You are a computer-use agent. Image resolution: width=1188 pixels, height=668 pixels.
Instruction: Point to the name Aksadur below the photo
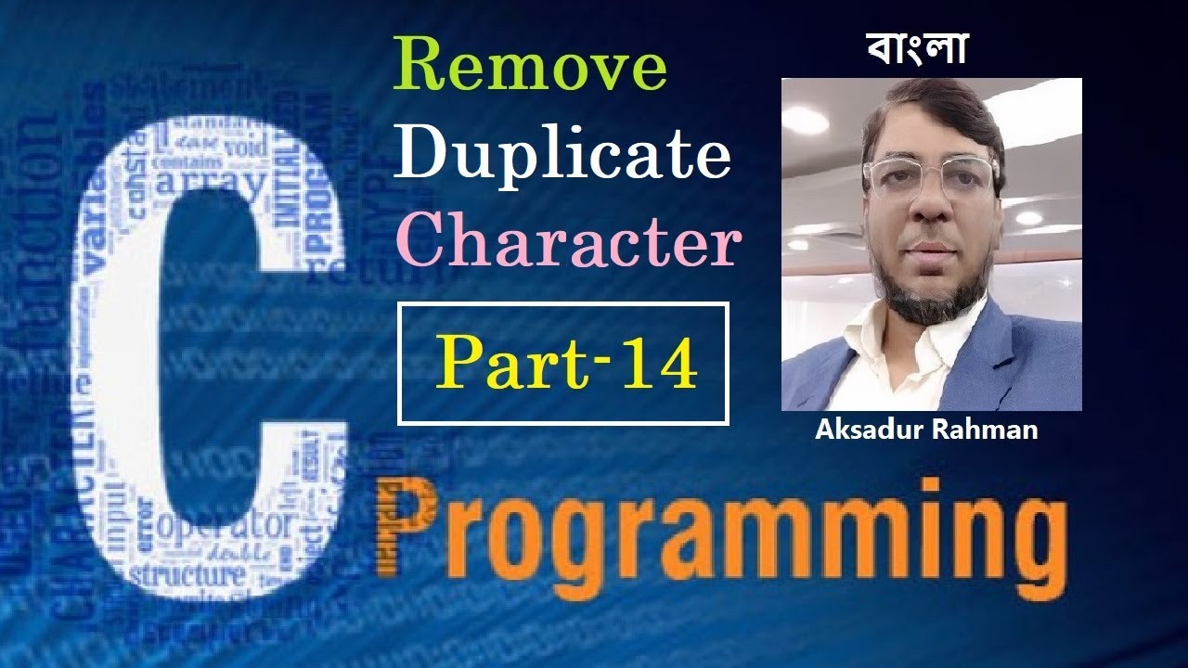pos(862,430)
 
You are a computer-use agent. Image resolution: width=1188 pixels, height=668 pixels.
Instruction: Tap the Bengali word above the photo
pos(917,47)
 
